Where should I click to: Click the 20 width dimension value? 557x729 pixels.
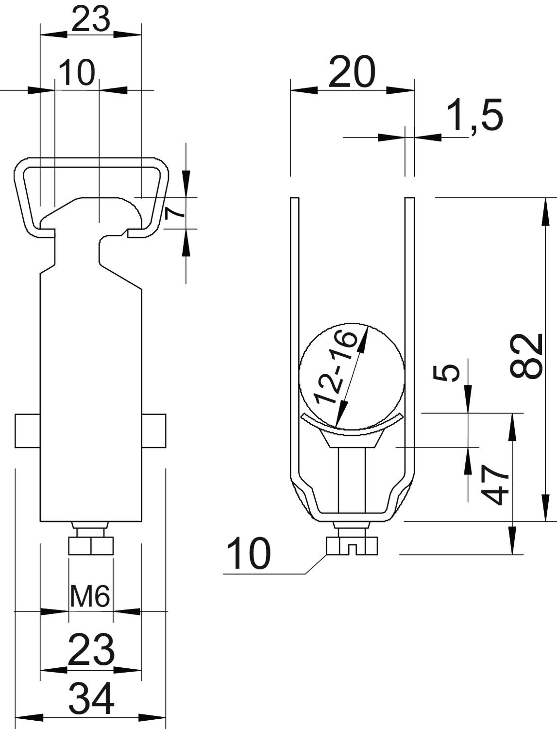pos(352,72)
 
